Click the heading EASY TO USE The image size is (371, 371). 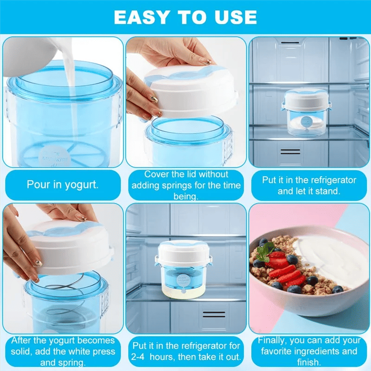185,17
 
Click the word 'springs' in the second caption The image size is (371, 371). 205,185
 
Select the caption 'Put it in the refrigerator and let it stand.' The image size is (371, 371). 309,185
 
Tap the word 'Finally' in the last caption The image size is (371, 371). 274,340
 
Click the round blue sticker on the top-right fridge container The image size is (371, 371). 306,122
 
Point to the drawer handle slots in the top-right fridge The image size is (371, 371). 290,152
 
